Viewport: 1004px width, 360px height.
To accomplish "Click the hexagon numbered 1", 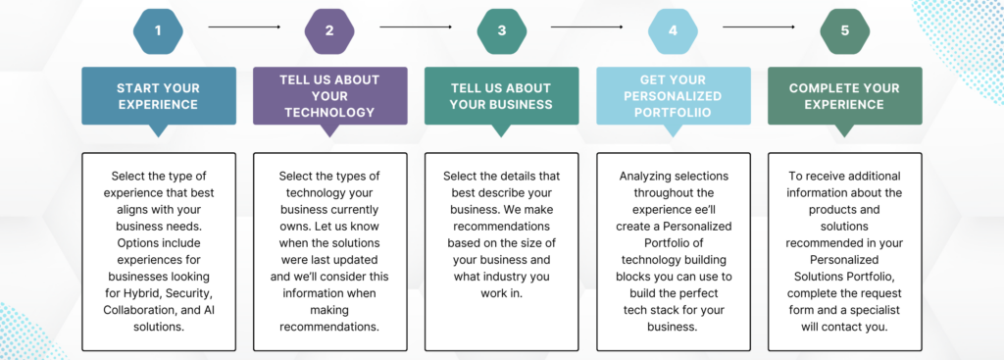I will [158, 30].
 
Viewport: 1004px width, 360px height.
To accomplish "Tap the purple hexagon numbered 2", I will [329, 30].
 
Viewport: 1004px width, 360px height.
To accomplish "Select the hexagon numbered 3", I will [501, 30].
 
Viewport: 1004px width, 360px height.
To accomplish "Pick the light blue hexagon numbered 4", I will [673, 30].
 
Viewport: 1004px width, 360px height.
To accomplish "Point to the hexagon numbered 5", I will [844, 30].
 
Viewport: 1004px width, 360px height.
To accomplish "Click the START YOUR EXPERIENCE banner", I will [158, 96].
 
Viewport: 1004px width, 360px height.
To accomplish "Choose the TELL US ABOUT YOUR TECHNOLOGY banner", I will [329, 96].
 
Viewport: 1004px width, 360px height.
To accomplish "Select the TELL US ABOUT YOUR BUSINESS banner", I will [501, 96].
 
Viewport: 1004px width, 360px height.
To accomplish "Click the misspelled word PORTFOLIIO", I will [673, 113].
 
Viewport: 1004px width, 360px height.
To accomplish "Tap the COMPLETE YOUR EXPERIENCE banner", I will [844, 96].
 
